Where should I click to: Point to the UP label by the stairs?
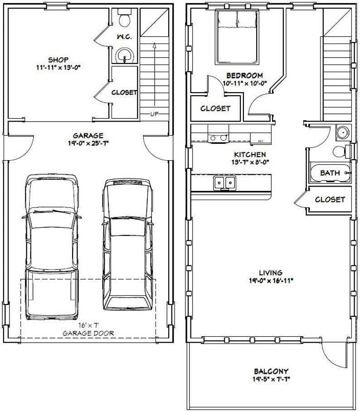tap(154, 114)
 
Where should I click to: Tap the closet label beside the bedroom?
tap(215, 108)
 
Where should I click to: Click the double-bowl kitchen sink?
tap(225, 183)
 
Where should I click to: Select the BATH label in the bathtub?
tap(330, 173)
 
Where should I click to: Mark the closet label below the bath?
tap(330, 199)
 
